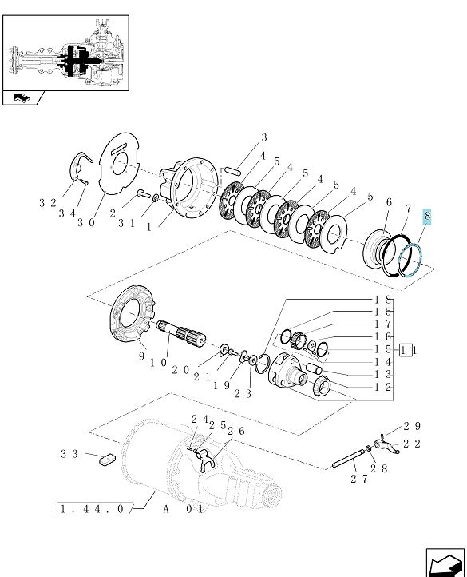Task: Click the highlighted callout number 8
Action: click(427, 216)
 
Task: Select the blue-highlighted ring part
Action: click(400, 262)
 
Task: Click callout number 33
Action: click(69, 454)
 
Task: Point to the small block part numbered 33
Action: click(107, 460)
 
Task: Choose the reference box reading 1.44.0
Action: click(95, 509)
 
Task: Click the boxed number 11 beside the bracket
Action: click(405, 350)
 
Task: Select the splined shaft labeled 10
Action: click(181, 333)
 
